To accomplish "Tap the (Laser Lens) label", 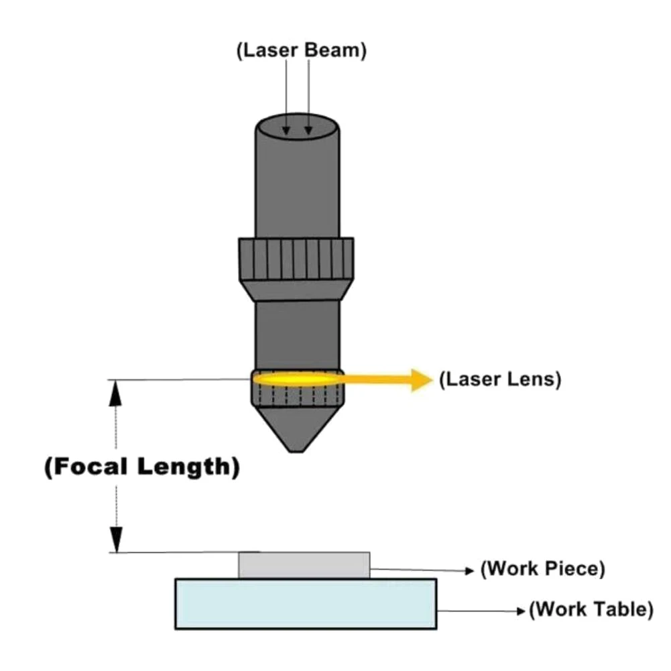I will (499, 379).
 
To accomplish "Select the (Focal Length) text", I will (141, 467).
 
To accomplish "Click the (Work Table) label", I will (591, 610).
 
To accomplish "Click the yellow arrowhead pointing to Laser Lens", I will (422, 379).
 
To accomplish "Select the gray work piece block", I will (304, 565).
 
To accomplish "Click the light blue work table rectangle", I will (306, 604).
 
